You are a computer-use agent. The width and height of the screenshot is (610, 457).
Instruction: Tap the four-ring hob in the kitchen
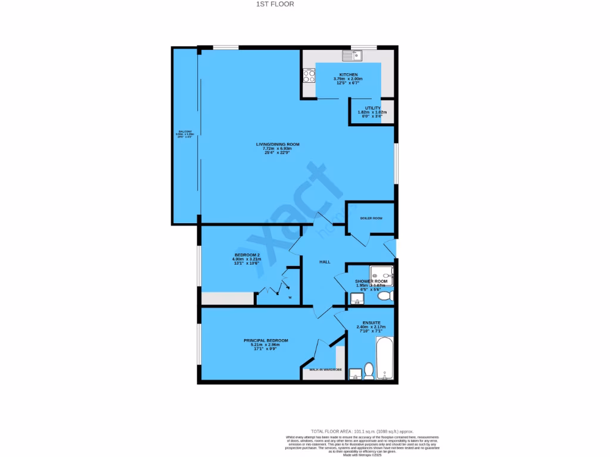[x=309, y=76]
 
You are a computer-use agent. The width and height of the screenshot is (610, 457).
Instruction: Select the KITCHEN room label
[x=348, y=74]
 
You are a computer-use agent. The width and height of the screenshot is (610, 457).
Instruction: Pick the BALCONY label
[x=185, y=132]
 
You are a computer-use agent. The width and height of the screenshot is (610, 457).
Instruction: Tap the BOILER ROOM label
[x=371, y=218]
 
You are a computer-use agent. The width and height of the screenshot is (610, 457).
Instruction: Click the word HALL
[x=325, y=262]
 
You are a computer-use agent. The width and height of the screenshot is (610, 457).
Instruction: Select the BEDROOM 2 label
[x=247, y=255]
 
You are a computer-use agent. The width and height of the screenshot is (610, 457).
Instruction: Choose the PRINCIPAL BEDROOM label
[x=266, y=340]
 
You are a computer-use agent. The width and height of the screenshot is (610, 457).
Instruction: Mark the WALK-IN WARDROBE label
[x=324, y=370]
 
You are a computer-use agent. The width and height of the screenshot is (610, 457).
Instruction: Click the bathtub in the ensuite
[x=384, y=358]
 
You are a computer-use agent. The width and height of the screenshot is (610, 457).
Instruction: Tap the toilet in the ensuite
[x=368, y=371]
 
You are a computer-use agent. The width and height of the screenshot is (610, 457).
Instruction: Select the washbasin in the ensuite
[x=356, y=374]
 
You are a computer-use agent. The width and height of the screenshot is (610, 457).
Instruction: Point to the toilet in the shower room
[x=385, y=295]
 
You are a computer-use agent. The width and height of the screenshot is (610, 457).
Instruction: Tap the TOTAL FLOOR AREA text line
[x=362, y=431]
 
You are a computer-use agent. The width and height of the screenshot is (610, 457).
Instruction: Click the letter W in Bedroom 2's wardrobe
[x=290, y=297]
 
